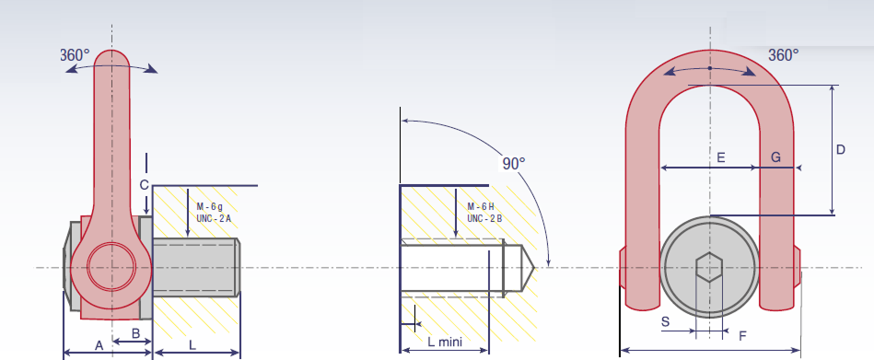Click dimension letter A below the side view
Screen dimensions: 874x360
coord(99,346)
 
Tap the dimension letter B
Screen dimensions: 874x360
coord(135,333)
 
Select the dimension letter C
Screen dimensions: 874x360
coord(144,185)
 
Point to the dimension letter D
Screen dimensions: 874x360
coord(841,149)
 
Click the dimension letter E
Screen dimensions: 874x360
coord(721,157)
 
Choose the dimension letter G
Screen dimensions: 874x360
coord(775,157)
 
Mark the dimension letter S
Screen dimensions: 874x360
coord(665,321)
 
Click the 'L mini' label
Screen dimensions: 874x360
coord(445,342)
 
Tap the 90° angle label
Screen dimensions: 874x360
coord(514,163)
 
